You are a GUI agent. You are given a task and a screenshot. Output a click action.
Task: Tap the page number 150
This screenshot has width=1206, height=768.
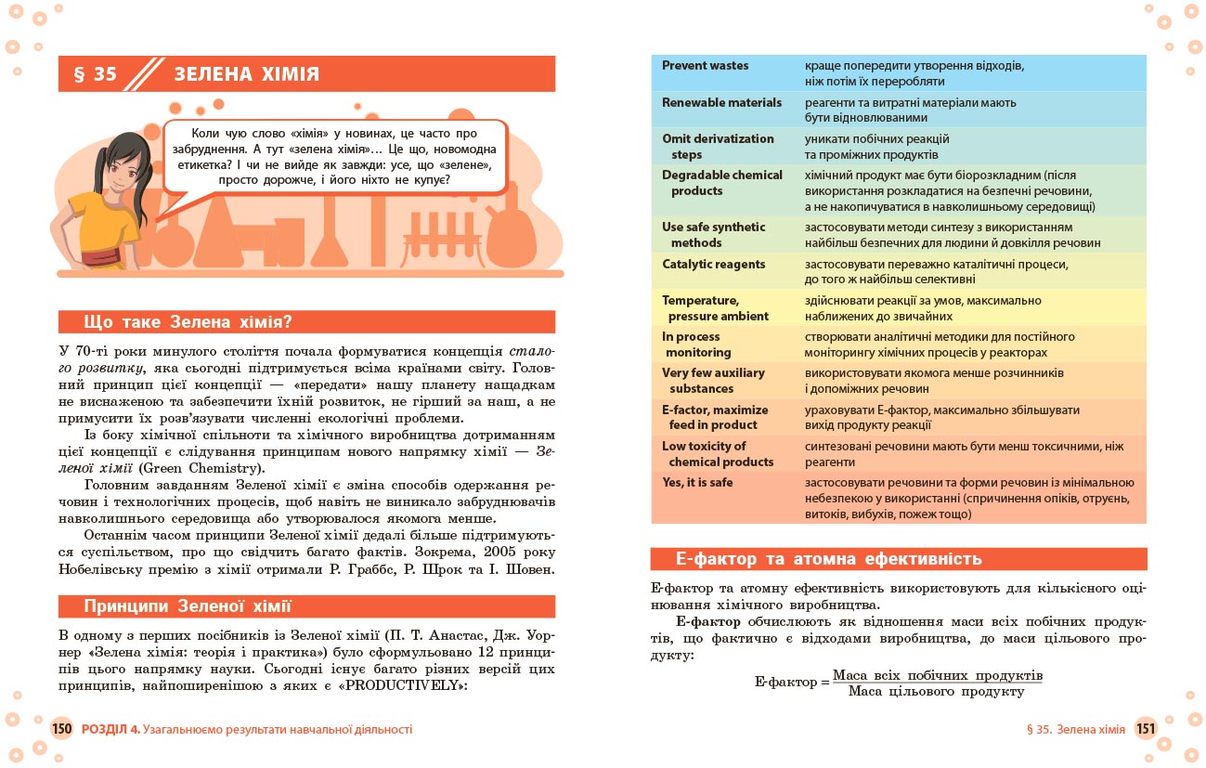pyautogui.click(x=62, y=729)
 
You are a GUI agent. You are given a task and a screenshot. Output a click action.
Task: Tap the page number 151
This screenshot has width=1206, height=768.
pyautogui.click(x=1146, y=729)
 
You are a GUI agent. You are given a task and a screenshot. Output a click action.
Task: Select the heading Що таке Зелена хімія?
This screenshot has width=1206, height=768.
pyautogui.click(x=188, y=322)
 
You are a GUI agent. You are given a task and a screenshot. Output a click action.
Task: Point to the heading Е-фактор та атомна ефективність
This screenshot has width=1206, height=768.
pyautogui.click(x=829, y=559)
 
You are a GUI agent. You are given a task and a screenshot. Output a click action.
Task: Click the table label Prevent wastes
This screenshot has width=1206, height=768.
pyautogui.click(x=706, y=66)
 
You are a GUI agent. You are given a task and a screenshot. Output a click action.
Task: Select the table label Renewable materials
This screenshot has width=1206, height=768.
pyautogui.click(x=722, y=102)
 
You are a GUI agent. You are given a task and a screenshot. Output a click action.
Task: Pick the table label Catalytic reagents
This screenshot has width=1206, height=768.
pyautogui.click(x=714, y=265)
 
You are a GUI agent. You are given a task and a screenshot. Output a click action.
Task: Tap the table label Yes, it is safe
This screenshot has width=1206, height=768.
pyautogui.click(x=697, y=483)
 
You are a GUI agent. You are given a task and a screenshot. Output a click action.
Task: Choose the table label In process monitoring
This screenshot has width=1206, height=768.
pyautogui.click(x=696, y=345)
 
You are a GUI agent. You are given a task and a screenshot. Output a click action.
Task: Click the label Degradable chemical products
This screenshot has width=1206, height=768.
pyautogui.click(x=722, y=183)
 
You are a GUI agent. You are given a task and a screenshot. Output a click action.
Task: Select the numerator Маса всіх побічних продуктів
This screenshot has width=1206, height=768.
pyautogui.click(x=938, y=674)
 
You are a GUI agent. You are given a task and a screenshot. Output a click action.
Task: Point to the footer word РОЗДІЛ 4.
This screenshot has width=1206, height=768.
pyautogui.click(x=110, y=729)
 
